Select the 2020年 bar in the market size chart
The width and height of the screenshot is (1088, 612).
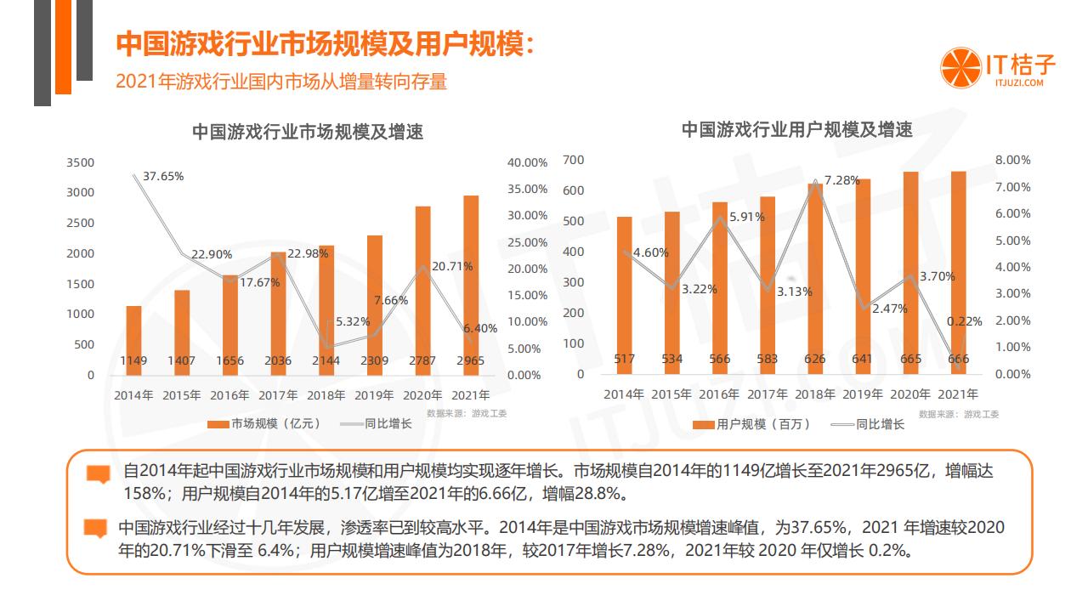(x=422, y=289)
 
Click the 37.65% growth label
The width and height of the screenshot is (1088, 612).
(x=162, y=176)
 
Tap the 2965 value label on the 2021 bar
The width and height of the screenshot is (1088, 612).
(x=470, y=360)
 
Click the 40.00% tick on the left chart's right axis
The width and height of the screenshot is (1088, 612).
(x=527, y=162)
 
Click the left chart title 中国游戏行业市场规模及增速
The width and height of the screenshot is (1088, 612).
(x=307, y=132)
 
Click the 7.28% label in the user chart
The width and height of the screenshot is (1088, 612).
(x=841, y=180)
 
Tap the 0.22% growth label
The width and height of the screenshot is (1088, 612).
(x=964, y=321)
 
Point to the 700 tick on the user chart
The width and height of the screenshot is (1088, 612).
(x=574, y=160)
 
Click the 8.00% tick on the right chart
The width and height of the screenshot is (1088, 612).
(x=1012, y=160)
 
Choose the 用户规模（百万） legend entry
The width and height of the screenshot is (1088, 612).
(x=751, y=424)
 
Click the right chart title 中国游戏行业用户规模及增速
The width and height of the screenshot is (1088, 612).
(x=796, y=130)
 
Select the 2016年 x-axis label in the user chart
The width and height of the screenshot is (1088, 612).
(x=719, y=394)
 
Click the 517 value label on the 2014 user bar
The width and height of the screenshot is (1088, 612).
(x=624, y=359)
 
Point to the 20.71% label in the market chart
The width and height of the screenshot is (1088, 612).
(x=452, y=266)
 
